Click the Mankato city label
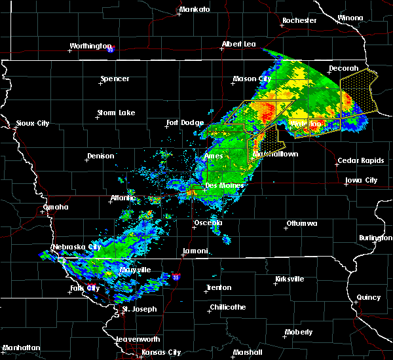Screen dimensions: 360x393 (x=195, y=10)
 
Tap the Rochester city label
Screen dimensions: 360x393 (x=299, y=21)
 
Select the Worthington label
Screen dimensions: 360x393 (x=91, y=46)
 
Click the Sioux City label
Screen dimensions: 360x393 (x=33, y=123)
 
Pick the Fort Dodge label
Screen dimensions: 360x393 (x=185, y=122)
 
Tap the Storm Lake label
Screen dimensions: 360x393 (x=116, y=113)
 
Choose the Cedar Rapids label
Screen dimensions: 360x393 (x=356, y=161)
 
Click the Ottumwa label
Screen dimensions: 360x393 (x=301, y=224)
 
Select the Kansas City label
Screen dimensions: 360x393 (x=161, y=352)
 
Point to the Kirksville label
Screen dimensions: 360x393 (x=289, y=279)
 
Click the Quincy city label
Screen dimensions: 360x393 (x=368, y=297)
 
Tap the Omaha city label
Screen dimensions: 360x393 (x=56, y=207)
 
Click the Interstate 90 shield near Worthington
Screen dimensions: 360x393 (x=111, y=49)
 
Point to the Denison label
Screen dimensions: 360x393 (x=100, y=156)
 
